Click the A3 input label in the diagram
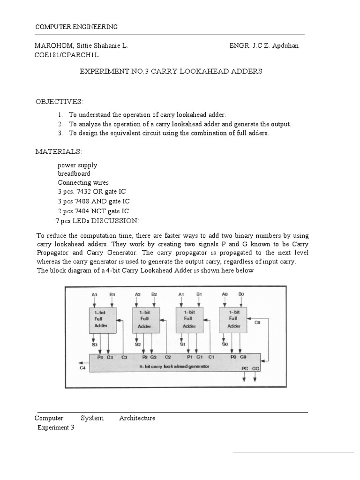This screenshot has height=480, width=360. coord(94,294)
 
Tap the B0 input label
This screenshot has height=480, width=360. coord(241,294)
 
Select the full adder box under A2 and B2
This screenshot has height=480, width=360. coord(145,320)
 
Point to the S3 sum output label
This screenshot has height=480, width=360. coord(94,345)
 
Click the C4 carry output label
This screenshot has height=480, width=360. coord(83,368)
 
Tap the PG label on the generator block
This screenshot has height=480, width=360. coord(245,369)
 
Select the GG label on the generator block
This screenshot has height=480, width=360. coord(255,369)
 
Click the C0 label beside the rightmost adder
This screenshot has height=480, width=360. coord(257,322)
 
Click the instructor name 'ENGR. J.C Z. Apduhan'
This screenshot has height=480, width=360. coord(263,46)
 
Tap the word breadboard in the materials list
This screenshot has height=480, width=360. coord(74,173)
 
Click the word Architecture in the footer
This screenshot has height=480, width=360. coord(137,418)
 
